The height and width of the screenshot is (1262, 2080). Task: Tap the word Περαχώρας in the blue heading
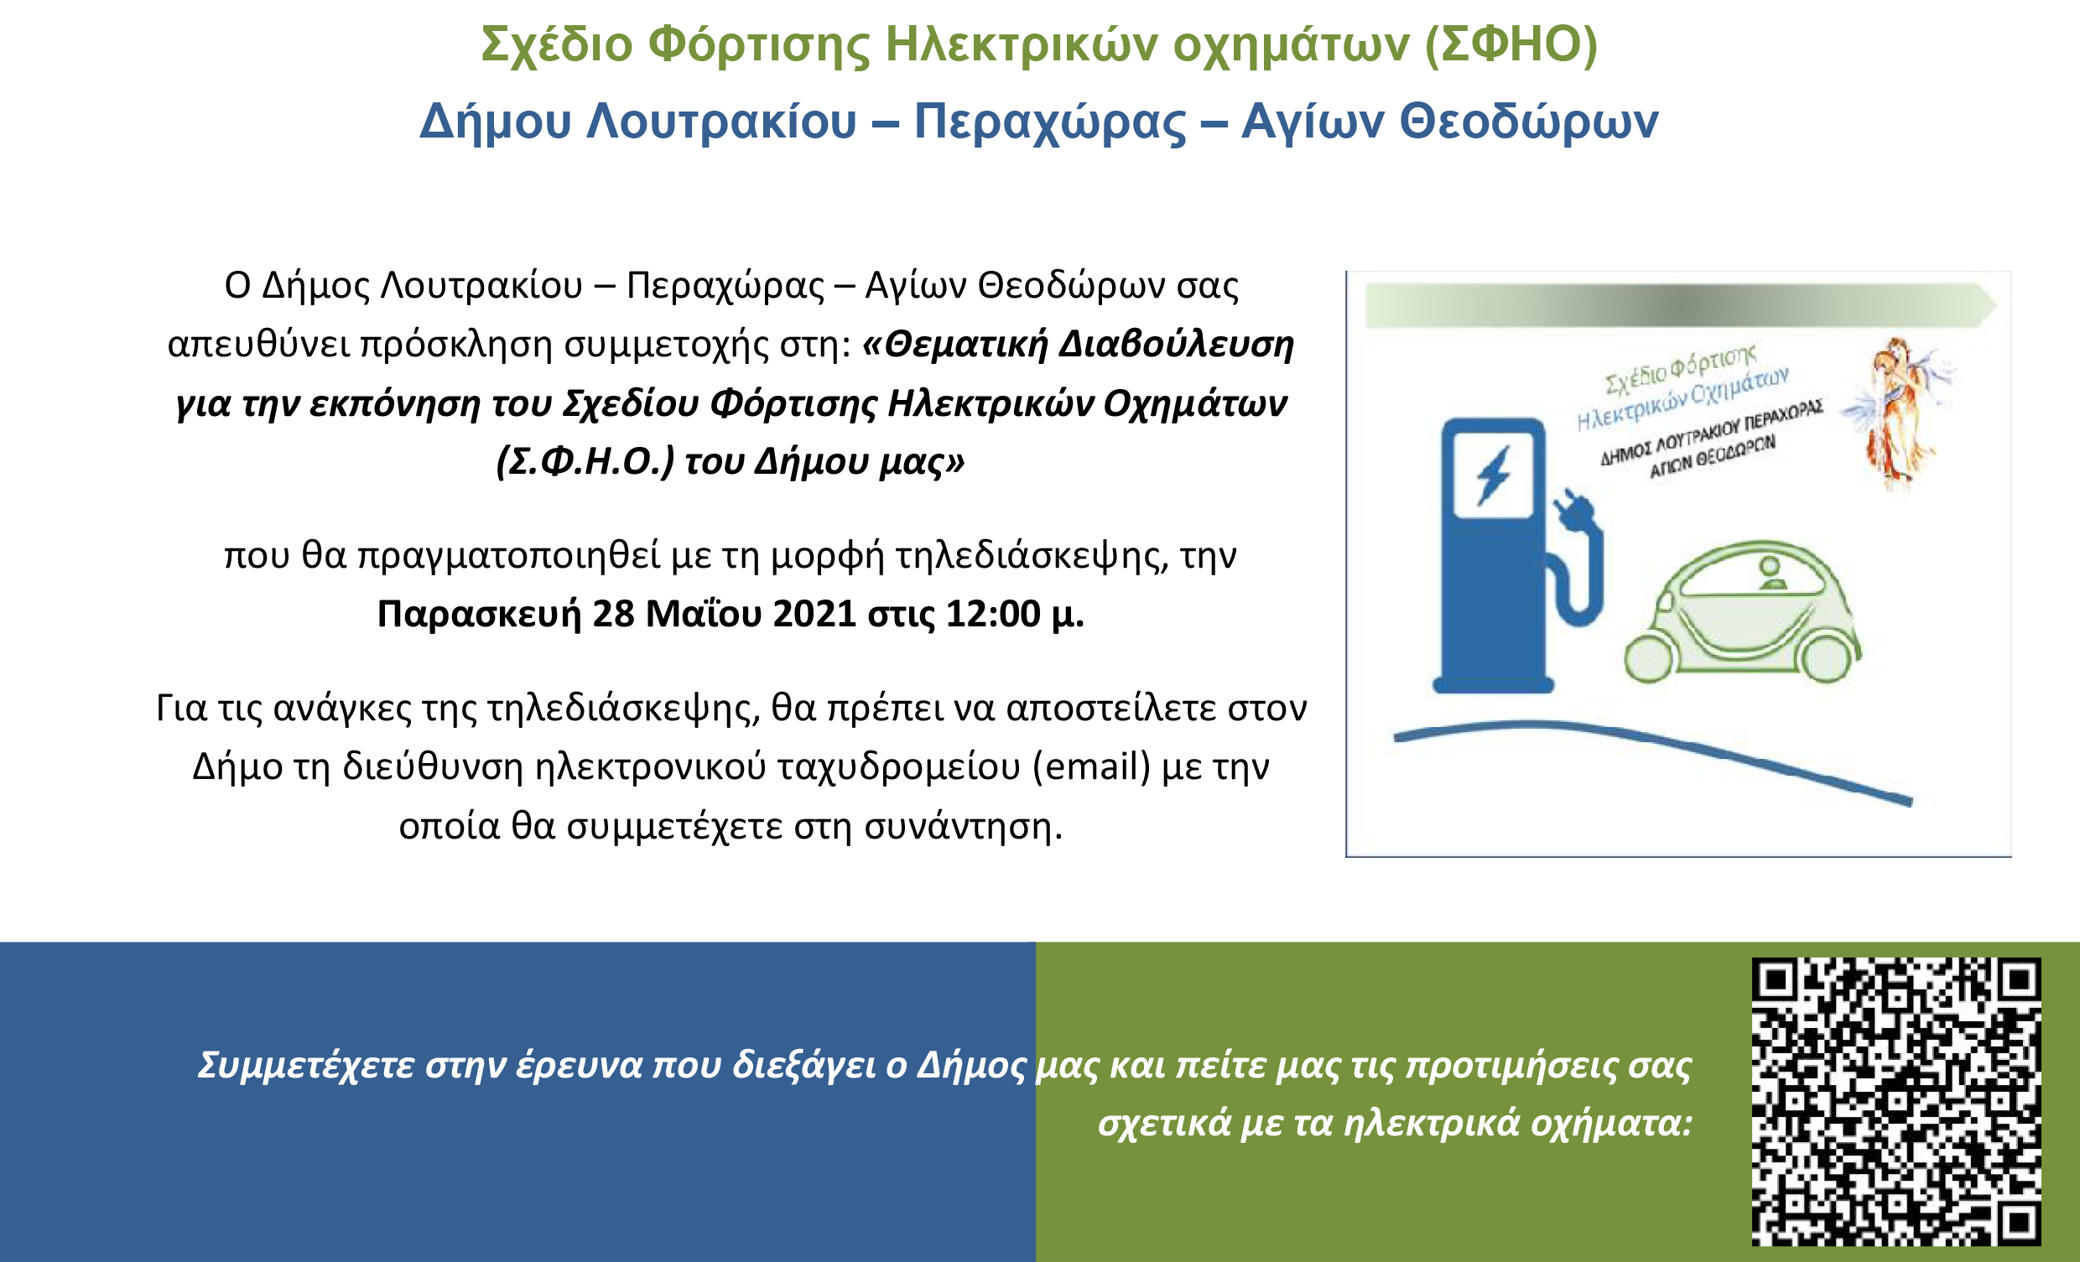[1050, 122]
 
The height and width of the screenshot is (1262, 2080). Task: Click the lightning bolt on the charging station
[1493, 476]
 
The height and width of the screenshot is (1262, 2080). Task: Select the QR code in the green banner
[1896, 1102]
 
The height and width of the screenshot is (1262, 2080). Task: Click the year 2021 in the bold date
[814, 614]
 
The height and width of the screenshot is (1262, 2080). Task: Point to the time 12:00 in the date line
[993, 614]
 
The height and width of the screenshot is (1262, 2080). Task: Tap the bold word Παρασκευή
[480, 615]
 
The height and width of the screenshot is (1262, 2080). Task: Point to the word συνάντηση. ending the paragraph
[963, 826]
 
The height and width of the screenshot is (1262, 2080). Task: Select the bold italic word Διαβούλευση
[1176, 345]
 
